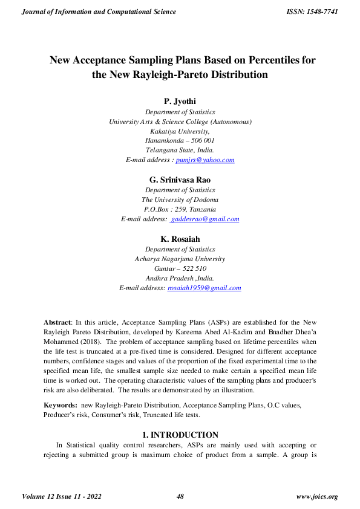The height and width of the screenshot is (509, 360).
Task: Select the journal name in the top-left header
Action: click(x=99, y=11)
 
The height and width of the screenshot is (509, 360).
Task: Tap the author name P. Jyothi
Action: click(x=180, y=102)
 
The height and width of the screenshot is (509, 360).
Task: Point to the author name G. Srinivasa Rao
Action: click(x=180, y=180)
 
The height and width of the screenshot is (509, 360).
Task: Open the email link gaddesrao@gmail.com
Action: click(x=205, y=219)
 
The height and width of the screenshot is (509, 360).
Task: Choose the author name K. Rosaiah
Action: click(x=180, y=239)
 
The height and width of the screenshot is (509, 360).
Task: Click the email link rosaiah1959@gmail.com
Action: click(x=204, y=288)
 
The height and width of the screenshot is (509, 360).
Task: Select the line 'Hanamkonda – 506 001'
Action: click(x=180, y=140)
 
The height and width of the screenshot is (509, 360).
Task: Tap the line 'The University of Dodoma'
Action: click(x=180, y=199)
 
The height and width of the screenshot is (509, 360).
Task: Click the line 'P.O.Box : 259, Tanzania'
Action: click(x=180, y=209)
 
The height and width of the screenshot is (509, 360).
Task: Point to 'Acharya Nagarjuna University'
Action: click(x=180, y=259)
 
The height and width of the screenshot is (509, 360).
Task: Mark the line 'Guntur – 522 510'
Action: click(x=180, y=268)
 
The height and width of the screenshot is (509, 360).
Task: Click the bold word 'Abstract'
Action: click(x=57, y=322)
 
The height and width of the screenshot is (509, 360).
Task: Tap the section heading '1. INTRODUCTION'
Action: click(x=180, y=435)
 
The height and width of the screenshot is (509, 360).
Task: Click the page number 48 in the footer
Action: click(x=180, y=497)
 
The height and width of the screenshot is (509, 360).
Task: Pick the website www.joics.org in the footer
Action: click(x=316, y=497)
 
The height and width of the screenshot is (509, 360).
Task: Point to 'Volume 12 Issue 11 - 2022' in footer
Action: click(x=61, y=497)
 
